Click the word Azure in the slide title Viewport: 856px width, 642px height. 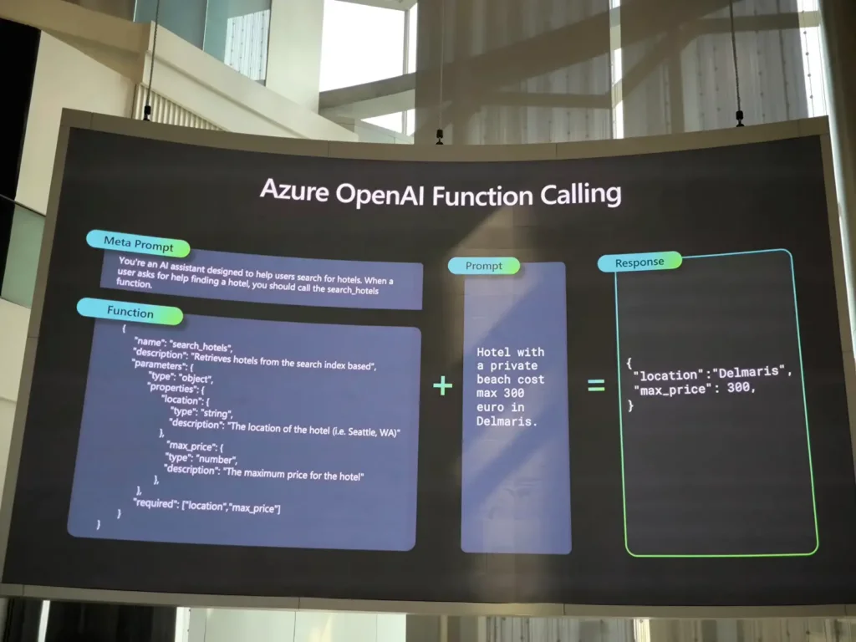[x=294, y=191]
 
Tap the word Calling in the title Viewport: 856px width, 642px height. [x=581, y=194]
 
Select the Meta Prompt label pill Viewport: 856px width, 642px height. [x=138, y=243]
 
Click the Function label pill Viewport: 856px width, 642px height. [x=130, y=312]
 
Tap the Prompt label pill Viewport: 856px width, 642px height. [x=484, y=266]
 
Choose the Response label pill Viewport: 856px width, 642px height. [x=639, y=262]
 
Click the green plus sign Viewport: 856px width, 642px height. [x=443, y=386]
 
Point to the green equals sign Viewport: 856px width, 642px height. [x=596, y=385]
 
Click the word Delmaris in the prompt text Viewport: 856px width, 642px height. [x=503, y=421]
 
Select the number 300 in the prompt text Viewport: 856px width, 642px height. [x=514, y=393]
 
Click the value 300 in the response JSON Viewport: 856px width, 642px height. [x=738, y=388]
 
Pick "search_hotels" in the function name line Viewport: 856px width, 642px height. [x=201, y=346]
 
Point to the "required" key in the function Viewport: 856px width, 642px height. [x=156, y=502]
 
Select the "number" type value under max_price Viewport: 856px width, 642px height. [x=217, y=459]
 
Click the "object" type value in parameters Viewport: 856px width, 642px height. [x=196, y=379]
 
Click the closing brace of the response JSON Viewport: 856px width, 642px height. [x=631, y=405]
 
